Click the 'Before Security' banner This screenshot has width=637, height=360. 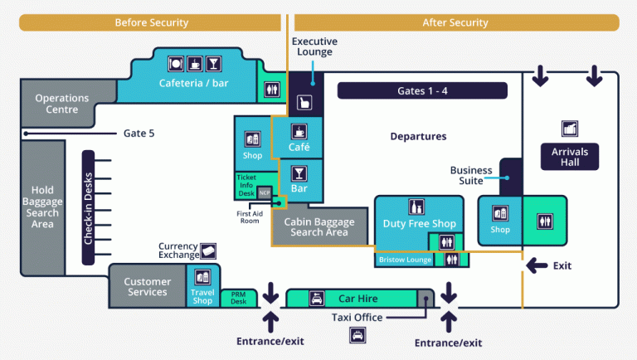pos(151,22)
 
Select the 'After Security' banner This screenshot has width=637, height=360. pos(455,22)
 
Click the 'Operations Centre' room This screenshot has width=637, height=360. pos(61,104)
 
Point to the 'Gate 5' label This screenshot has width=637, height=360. pos(139,133)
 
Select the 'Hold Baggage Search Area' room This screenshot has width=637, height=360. pos(42,207)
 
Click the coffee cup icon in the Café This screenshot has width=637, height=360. pos(299,131)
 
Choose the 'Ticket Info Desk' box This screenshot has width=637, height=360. pos(247,186)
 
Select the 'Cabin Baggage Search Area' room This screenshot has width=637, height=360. pos(319,226)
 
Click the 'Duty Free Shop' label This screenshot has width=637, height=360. pos(419,223)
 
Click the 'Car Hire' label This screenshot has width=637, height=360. pos(357,298)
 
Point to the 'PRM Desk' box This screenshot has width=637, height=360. pos(239,298)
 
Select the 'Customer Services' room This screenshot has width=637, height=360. pos(148,287)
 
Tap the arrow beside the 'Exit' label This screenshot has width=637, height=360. pos(537,265)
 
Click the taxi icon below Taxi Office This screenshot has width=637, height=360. pos(357,334)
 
